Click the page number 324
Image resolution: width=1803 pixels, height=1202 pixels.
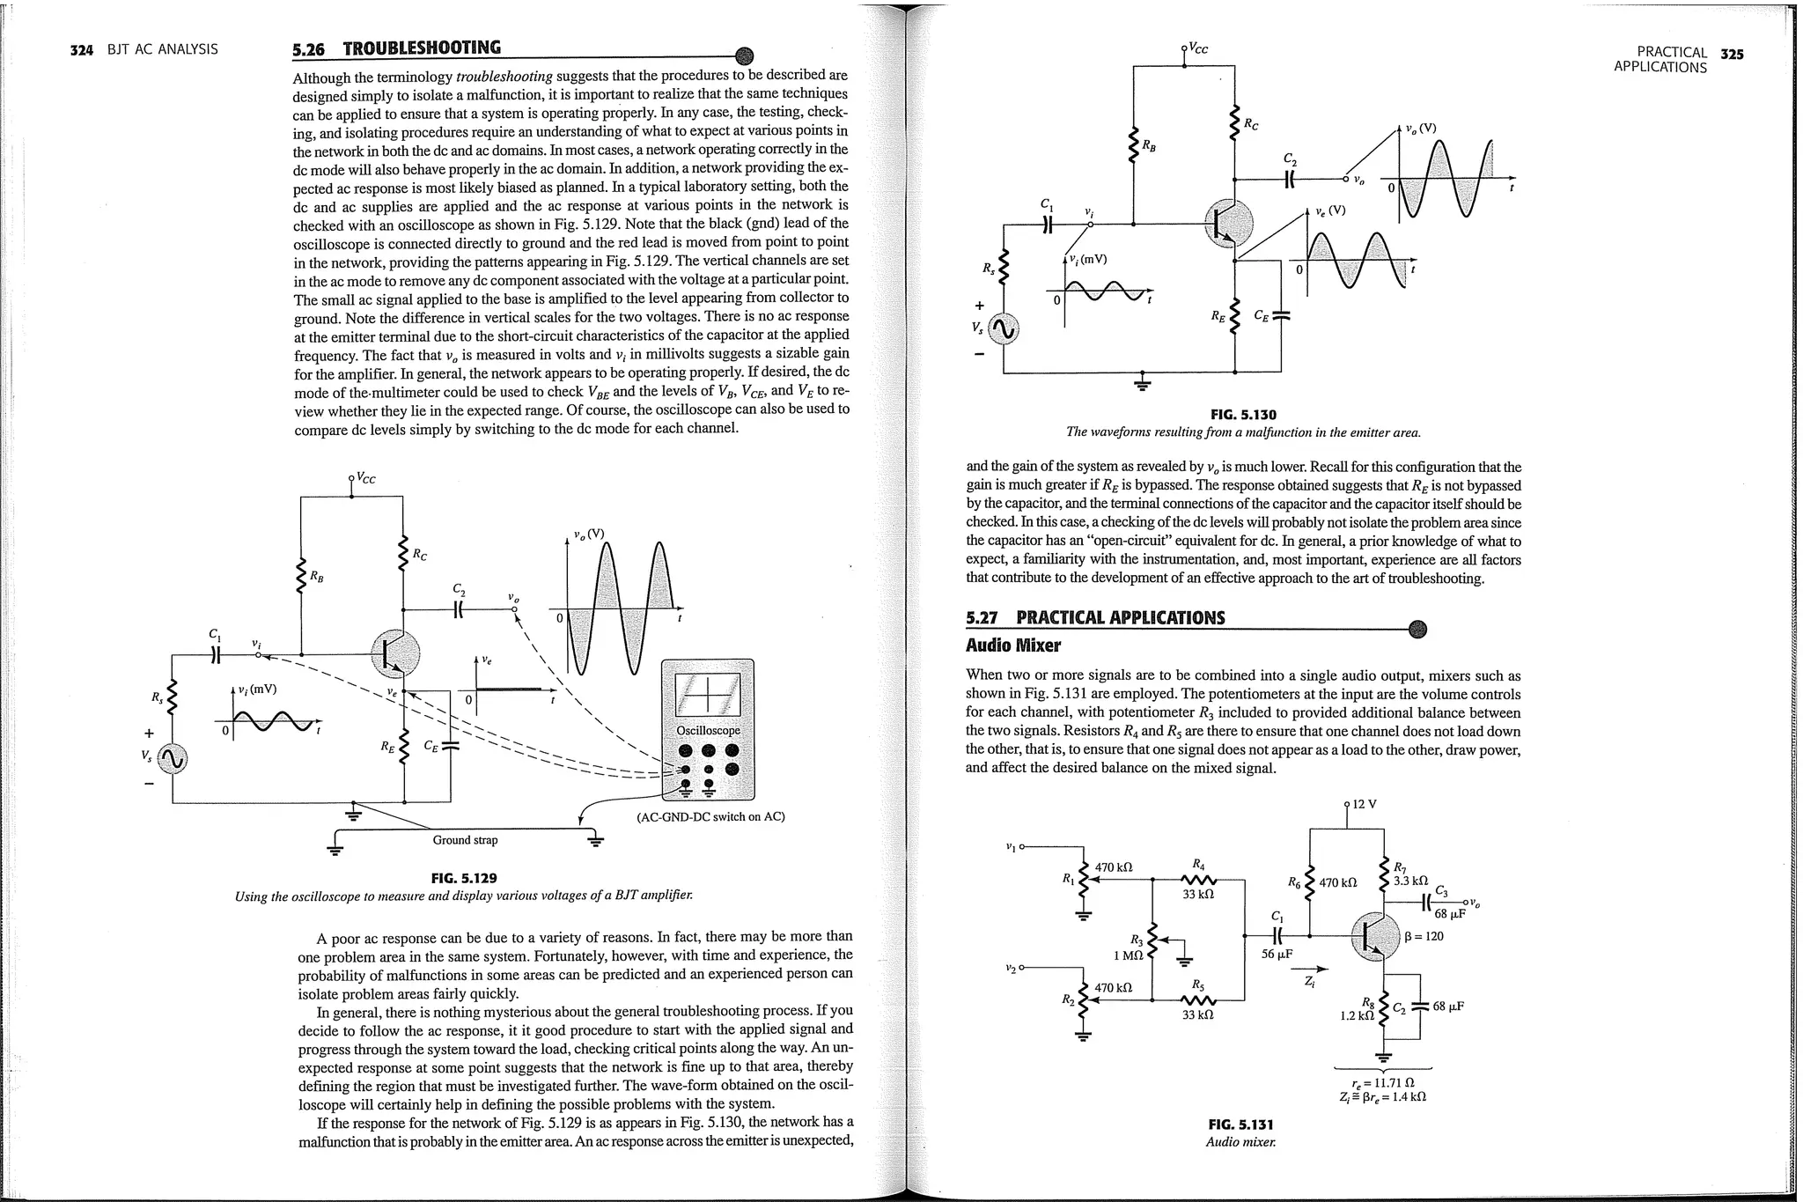[81, 49]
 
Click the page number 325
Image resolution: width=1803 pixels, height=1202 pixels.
[1732, 54]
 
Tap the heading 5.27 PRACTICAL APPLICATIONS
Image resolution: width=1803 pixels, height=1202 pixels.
[1095, 618]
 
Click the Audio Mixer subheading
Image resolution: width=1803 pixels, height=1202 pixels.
[1012, 645]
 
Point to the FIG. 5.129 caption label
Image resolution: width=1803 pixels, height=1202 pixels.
[463, 878]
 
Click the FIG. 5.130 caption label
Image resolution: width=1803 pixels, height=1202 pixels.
[1243, 414]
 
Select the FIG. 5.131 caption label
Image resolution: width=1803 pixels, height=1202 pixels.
[1241, 1125]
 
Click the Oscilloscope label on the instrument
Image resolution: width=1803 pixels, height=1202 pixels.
[708, 731]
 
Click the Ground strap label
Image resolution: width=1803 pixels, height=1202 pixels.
[465, 840]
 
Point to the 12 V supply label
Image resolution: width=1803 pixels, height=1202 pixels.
[1364, 804]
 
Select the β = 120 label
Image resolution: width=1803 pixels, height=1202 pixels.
[1424, 936]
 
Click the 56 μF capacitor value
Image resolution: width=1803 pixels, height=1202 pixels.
[1277, 954]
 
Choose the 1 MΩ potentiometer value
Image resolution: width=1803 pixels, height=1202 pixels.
[1128, 955]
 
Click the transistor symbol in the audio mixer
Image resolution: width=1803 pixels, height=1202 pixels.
[1374, 937]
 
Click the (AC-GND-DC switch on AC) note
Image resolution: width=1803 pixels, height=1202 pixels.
[710, 816]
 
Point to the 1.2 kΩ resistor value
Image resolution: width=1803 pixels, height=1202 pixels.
[1357, 1015]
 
